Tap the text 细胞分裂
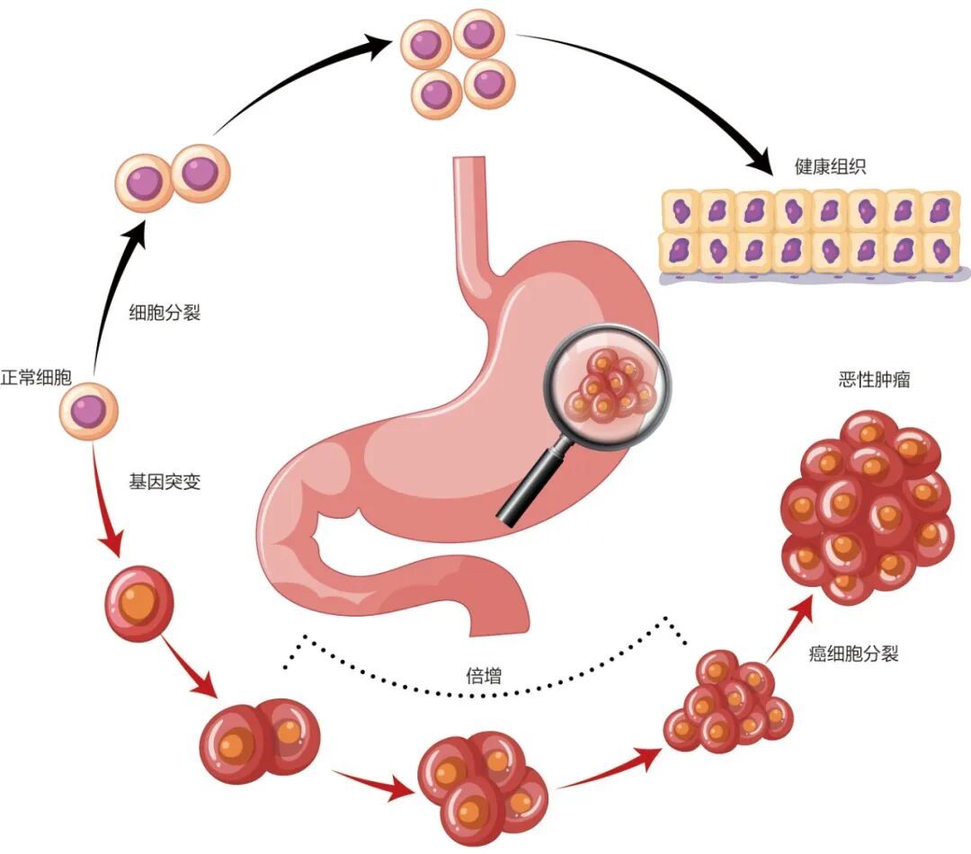[x=165, y=314]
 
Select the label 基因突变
[x=165, y=482]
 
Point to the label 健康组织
[x=830, y=167]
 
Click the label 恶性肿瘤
[x=873, y=380]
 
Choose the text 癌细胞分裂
[x=854, y=654]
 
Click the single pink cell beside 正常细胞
[x=89, y=411]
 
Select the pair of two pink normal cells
[x=173, y=177]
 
